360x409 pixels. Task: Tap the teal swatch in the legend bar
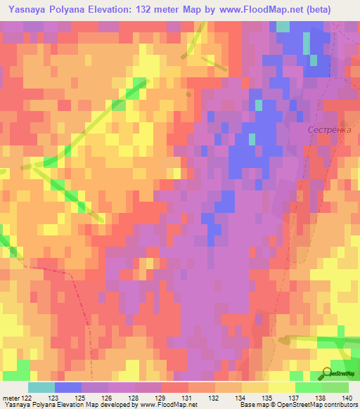41,387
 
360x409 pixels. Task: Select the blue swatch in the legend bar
67,387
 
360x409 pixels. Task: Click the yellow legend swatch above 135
255,387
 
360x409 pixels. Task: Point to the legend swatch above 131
174,387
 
